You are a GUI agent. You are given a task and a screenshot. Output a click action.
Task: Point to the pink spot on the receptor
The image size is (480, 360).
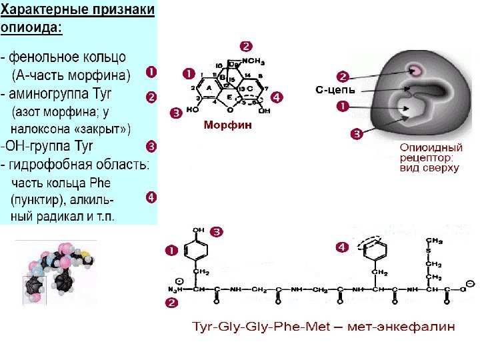[417, 69]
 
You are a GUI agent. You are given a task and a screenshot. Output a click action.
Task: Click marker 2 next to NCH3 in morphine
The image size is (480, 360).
[246, 47]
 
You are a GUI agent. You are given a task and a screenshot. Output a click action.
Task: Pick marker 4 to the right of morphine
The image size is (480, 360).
[277, 97]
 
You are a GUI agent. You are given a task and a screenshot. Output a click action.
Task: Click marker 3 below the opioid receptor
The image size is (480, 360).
[357, 135]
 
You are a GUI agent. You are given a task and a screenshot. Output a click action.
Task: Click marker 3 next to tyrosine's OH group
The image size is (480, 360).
[217, 232]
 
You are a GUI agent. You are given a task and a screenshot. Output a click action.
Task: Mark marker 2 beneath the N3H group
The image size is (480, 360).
[171, 303]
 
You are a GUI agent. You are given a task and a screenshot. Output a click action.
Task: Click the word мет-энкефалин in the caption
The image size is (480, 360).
[415, 327]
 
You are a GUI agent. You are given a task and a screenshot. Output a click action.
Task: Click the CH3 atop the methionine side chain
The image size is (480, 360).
[434, 239]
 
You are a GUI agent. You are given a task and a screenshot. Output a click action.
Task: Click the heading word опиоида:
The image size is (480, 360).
[33, 27]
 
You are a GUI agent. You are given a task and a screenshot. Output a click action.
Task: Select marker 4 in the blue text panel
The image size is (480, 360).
[151, 197]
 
